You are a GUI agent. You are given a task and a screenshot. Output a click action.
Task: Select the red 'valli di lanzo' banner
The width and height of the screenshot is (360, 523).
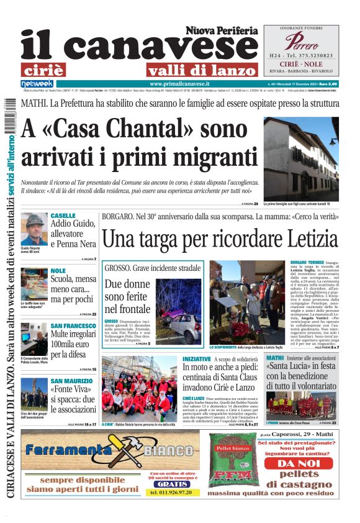(x=192, y=70)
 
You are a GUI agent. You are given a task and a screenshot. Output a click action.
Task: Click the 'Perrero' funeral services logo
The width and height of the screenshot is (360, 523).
(x=302, y=42)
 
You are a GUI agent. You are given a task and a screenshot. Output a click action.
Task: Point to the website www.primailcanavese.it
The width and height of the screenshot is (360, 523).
(x=180, y=83)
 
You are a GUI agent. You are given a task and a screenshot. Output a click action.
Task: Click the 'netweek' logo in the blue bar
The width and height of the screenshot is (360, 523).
(x=37, y=83)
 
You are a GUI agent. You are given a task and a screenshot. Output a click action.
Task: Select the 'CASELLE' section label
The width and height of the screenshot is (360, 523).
(x=63, y=216)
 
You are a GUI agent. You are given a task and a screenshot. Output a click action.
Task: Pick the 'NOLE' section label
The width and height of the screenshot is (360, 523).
(x=58, y=271)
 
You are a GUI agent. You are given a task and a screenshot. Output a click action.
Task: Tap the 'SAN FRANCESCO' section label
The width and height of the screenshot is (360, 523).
(x=73, y=325)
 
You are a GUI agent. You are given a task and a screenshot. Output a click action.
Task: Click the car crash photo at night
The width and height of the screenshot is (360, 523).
(x=181, y=311)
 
